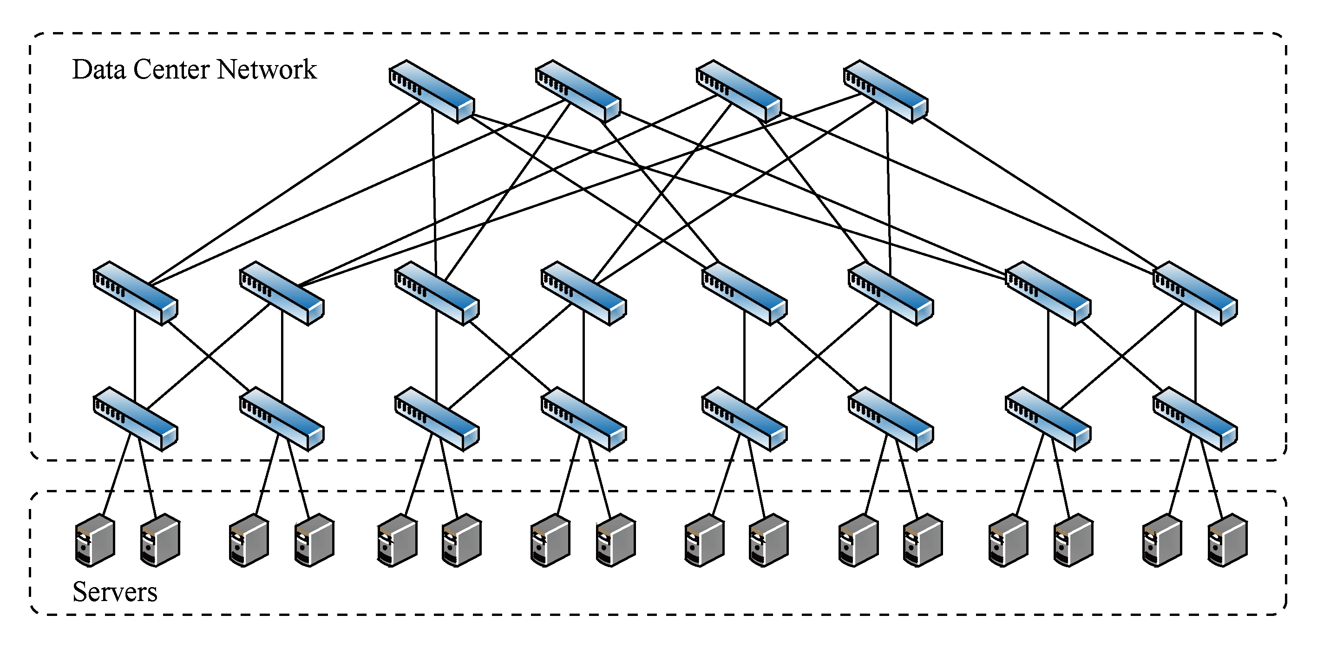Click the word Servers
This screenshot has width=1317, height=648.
coord(115,592)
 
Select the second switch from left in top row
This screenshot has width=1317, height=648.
coord(578,92)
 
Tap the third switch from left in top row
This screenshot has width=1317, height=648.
coord(739,92)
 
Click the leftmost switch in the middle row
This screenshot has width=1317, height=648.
coord(136,293)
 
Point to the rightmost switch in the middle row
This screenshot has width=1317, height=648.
coord(1195,293)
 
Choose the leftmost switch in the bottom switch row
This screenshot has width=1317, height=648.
coord(136,419)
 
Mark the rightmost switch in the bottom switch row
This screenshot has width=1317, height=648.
coord(1195,419)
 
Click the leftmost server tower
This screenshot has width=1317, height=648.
coord(95,541)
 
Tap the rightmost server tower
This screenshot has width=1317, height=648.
coord(1227,541)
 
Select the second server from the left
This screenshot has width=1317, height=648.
coord(160,541)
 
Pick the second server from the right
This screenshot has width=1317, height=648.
coord(1162,541)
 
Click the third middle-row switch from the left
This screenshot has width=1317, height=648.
coord(437,293)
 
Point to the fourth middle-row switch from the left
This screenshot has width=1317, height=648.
coord(584,293)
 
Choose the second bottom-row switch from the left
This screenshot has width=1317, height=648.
coord(282,419)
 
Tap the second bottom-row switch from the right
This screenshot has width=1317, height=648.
coord(1048,419)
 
